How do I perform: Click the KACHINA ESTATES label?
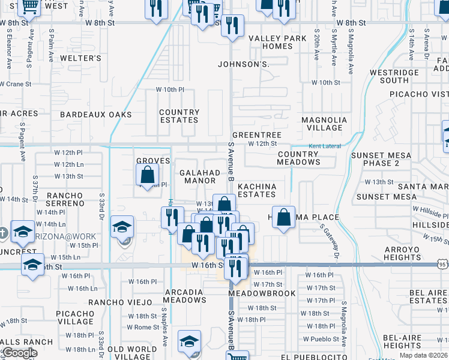257,190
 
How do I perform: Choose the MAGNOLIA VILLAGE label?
324,124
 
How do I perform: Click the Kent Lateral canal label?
324,146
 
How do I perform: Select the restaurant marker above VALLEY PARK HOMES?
232,25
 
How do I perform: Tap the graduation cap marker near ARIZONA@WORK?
122,227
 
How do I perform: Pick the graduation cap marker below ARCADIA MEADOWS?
189,341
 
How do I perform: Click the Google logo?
20,353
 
